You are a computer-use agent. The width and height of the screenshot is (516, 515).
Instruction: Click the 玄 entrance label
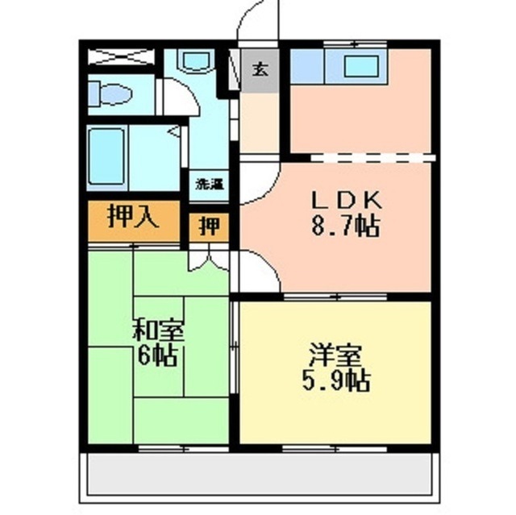tap(260, 69)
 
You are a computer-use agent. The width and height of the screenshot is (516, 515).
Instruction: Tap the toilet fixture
tap(110, 94)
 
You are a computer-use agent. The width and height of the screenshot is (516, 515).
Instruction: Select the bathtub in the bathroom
tap(106, 156)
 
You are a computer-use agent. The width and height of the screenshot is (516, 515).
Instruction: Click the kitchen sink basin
tap(361, 66)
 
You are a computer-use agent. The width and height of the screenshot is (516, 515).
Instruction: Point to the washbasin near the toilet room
tap(196, 60)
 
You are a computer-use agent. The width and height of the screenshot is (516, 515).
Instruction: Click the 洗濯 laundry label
tap(210, 185)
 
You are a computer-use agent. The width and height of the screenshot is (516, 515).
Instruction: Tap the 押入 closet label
tap(134, 216)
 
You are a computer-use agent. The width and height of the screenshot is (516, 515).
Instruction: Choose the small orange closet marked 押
tap(210, 227)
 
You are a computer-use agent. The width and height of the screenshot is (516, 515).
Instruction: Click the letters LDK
tap(346, 200)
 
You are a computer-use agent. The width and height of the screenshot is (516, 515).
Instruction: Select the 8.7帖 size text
tap(346, 226)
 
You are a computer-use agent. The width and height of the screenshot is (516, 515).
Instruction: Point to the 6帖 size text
tap(158, 356)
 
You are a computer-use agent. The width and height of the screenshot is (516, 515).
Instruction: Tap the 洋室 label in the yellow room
tap(335, 355)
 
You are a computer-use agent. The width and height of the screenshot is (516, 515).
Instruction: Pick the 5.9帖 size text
tap(336, 381)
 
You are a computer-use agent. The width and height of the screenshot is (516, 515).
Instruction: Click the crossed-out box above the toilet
tap(122, 56)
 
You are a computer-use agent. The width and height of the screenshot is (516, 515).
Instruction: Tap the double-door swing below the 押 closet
tap(209, 261)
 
